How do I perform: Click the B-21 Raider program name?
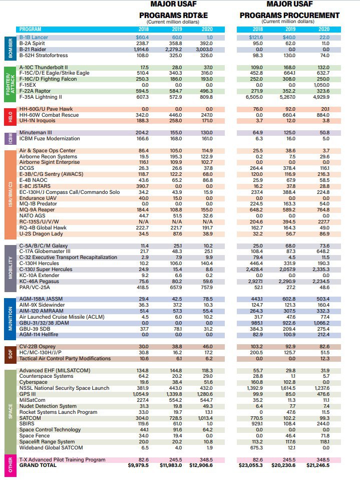pos(33,49)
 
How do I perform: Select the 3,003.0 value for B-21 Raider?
pos(204,50)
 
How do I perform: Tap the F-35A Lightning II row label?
pos(41,97)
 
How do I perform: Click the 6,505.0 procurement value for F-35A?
pos(254,97)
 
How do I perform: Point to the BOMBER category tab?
pos(10,49)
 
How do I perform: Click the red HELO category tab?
pos(10,117)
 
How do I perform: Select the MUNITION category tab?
pos(10,319)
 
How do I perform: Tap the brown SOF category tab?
pos(10,355)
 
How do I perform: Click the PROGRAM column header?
pos(30,30)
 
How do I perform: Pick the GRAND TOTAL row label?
pos(38,465)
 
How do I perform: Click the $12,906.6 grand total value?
pos(201,465)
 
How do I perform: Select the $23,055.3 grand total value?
pos(250,465)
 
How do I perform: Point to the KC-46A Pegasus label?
pos(39,281)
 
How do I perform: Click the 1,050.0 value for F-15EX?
pos(321,85)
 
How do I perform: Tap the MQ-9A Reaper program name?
pos(37,210)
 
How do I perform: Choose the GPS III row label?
pos(28,394)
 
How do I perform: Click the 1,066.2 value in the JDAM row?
pos(321,323)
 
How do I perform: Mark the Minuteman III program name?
pos(36,133)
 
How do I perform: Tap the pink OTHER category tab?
pos(10,465)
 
